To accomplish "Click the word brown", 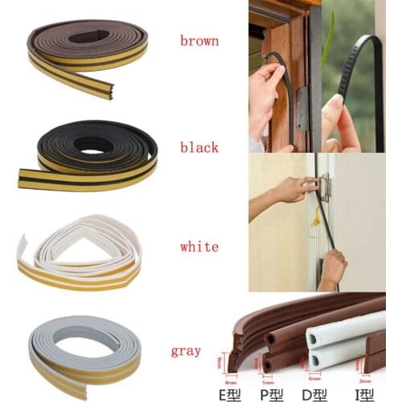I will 198,39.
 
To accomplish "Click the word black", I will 199,147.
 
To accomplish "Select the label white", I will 198,247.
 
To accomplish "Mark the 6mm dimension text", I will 313,371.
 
